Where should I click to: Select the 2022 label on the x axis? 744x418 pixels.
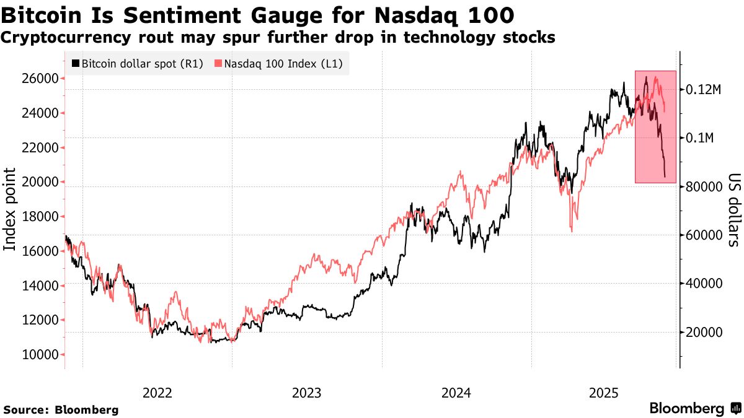point(157,393)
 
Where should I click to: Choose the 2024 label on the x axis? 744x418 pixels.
point(456,393)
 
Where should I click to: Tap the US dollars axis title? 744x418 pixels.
point(732,209)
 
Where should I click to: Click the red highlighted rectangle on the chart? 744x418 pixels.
point(655,127)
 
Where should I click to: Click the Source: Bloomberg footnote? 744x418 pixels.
point(61,410)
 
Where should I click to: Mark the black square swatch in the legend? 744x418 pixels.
point(76,64)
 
